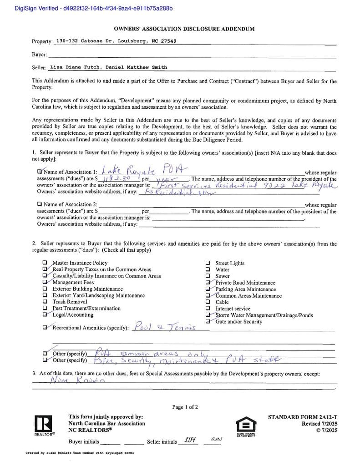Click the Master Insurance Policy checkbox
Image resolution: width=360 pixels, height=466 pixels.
[x=45, y=263]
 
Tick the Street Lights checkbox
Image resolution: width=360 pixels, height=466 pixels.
[x=208, y=263]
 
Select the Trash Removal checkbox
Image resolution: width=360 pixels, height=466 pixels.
[x=45, y=302]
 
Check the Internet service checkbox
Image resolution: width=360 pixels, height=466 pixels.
[x=208, y=309]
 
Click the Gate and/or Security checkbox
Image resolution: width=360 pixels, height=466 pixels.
[x=208, y=321]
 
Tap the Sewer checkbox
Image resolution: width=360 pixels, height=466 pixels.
[x=208, y=276]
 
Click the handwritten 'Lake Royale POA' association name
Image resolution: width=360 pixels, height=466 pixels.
[x=142, y=171]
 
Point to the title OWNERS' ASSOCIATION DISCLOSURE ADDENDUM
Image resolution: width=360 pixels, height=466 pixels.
[x=184, y=29]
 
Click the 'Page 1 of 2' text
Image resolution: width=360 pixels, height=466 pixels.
[x=185, y=407]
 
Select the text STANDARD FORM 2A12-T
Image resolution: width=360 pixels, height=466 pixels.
[x=302, y=417]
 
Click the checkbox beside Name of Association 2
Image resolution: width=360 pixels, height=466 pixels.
[x=40, y=204]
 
